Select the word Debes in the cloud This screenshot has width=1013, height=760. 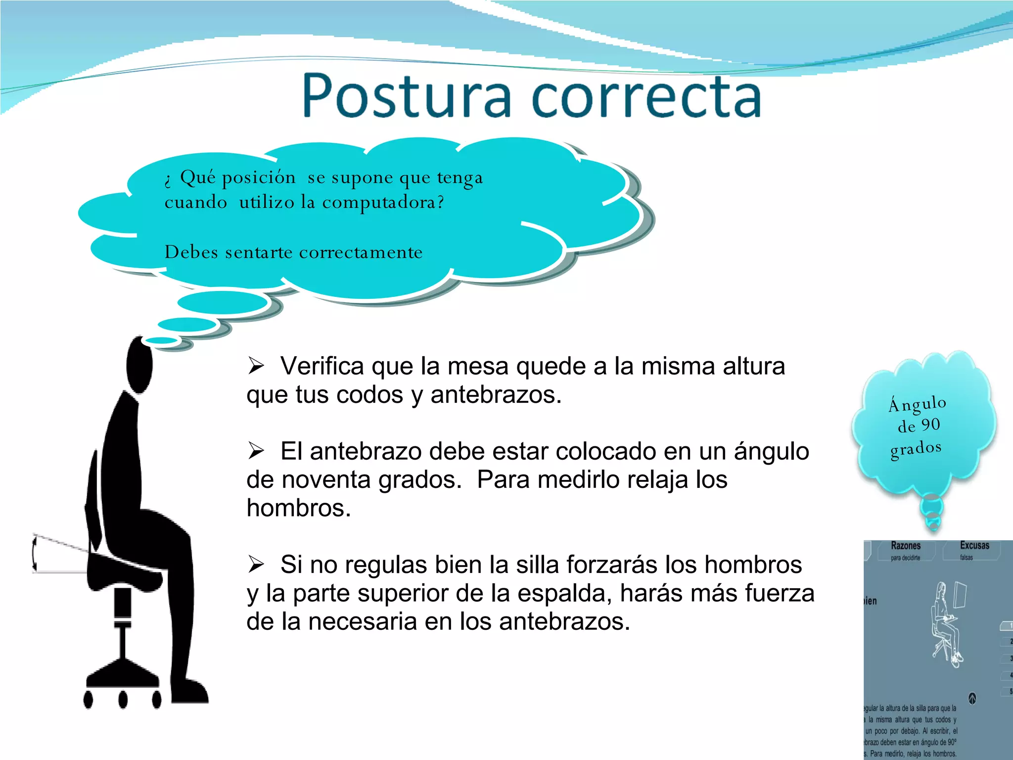(191, 252)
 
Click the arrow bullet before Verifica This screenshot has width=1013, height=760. (256, 366)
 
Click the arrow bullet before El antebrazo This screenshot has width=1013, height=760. (256, 451)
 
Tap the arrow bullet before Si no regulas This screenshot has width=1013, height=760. (256, 564)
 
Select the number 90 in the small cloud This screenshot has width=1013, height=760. (930, 425)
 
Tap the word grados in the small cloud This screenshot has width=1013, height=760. (916, 449)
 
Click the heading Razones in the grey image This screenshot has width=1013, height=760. (906, 546)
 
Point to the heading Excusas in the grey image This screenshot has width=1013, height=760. (974, 545)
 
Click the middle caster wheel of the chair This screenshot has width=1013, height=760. (123, 700)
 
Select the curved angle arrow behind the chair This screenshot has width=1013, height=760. (35, 554)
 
